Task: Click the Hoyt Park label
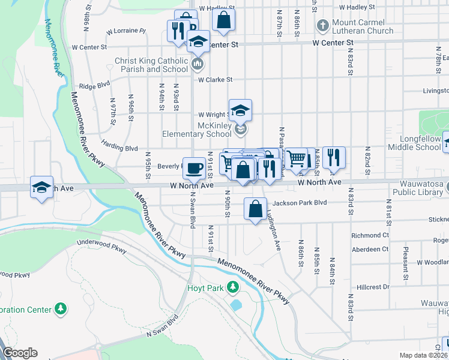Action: coord(205,288)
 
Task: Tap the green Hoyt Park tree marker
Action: coord(231,289)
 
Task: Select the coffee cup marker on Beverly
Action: coord(194,168)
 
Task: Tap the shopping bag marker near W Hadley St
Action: coord(223,20)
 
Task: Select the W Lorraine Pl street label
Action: coord(125,31)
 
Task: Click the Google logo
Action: coord(20,353)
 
